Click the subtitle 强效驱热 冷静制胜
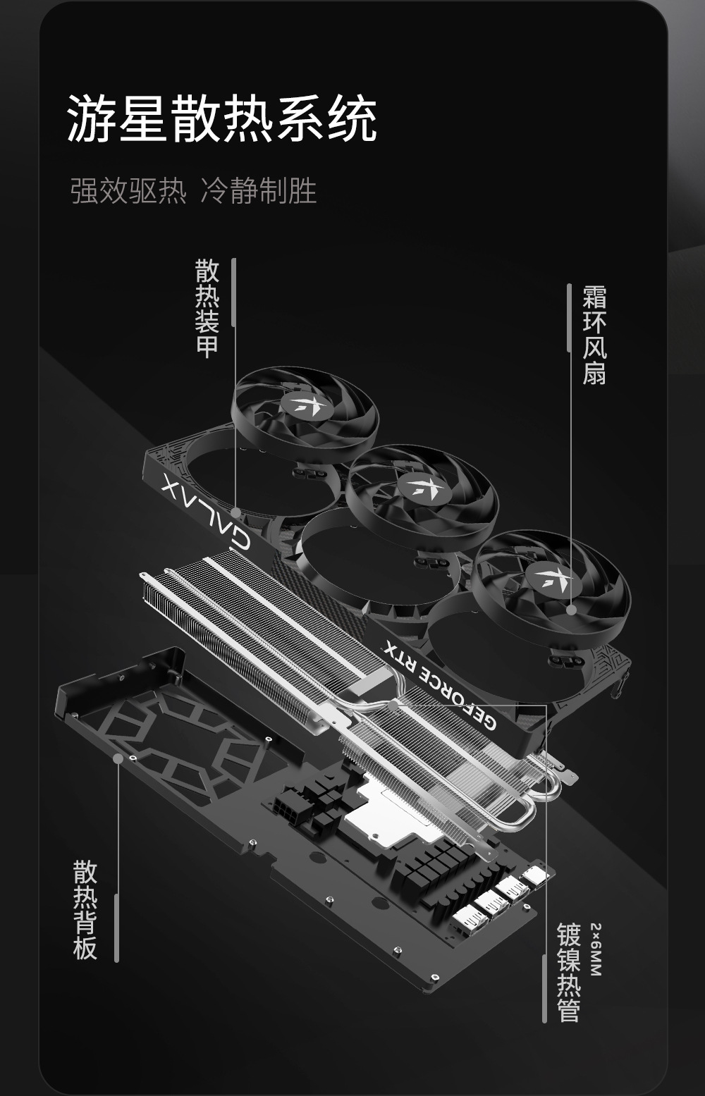pyautogui.click(x=193, y=191)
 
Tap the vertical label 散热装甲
pyautogui.click(x=207, y=309)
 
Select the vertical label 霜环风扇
pyautogui.click(x=594, y=335)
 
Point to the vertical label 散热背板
pyautogui.click(x=85, y=909)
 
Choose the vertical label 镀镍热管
pyautogui.click(x=568, y=973)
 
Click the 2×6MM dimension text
pyautogui.click(x=596, y=949)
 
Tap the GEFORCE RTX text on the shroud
pyautogui.click(x=440, y=684)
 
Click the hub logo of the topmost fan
pyautogui.click(x=305, y=404)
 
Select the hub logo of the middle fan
pyautogui.click(x=424, y=486)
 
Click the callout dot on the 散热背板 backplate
pyautogui.click(x=118, y=758)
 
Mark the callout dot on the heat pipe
pyautogui.click(x=393, y=705)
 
